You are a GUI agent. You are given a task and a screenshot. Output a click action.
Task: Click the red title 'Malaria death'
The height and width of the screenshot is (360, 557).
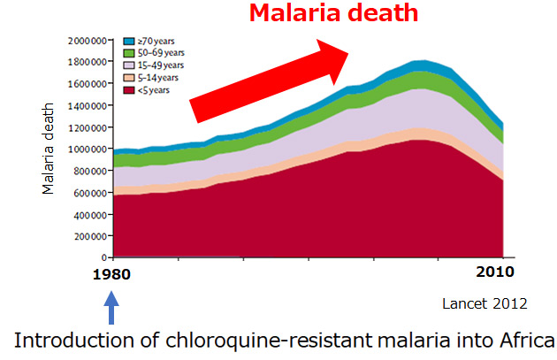(333, 12)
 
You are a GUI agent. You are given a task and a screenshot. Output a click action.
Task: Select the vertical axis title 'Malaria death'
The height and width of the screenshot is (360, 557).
(48, 149)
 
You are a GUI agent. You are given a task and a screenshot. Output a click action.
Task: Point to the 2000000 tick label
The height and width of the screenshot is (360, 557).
(88, 41)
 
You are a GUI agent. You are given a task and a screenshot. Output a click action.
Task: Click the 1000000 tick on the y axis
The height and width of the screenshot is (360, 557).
(88, 149)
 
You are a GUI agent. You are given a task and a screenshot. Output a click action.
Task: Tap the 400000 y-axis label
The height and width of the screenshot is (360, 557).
(90, 215)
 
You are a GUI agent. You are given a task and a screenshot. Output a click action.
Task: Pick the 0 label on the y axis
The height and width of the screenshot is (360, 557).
(104, 257)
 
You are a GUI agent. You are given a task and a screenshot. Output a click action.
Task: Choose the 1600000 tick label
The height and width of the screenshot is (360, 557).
(88, 84)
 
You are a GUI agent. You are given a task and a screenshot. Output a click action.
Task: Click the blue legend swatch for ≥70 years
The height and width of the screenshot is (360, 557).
(129, 42)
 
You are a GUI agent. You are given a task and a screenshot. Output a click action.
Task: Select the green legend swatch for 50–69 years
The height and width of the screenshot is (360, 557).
(129, 53)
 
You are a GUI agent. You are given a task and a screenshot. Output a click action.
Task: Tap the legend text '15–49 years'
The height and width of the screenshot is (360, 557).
(161, 65)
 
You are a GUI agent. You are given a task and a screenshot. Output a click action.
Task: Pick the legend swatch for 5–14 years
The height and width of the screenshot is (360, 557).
(129, 78)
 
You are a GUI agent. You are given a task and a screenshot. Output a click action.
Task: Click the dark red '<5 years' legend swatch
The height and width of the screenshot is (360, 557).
(129, 90)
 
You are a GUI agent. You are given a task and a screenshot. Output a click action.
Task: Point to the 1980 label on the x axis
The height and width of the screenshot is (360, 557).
(111, 275)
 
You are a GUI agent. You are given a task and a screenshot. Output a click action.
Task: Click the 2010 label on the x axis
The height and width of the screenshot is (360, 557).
(495, 272)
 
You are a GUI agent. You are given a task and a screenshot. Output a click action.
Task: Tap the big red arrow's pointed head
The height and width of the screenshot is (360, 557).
(348, 54)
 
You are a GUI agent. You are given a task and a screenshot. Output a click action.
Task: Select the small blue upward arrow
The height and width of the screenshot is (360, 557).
(111, 308)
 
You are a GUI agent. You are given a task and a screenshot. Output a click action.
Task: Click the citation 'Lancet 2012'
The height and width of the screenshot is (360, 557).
(485, 304)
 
